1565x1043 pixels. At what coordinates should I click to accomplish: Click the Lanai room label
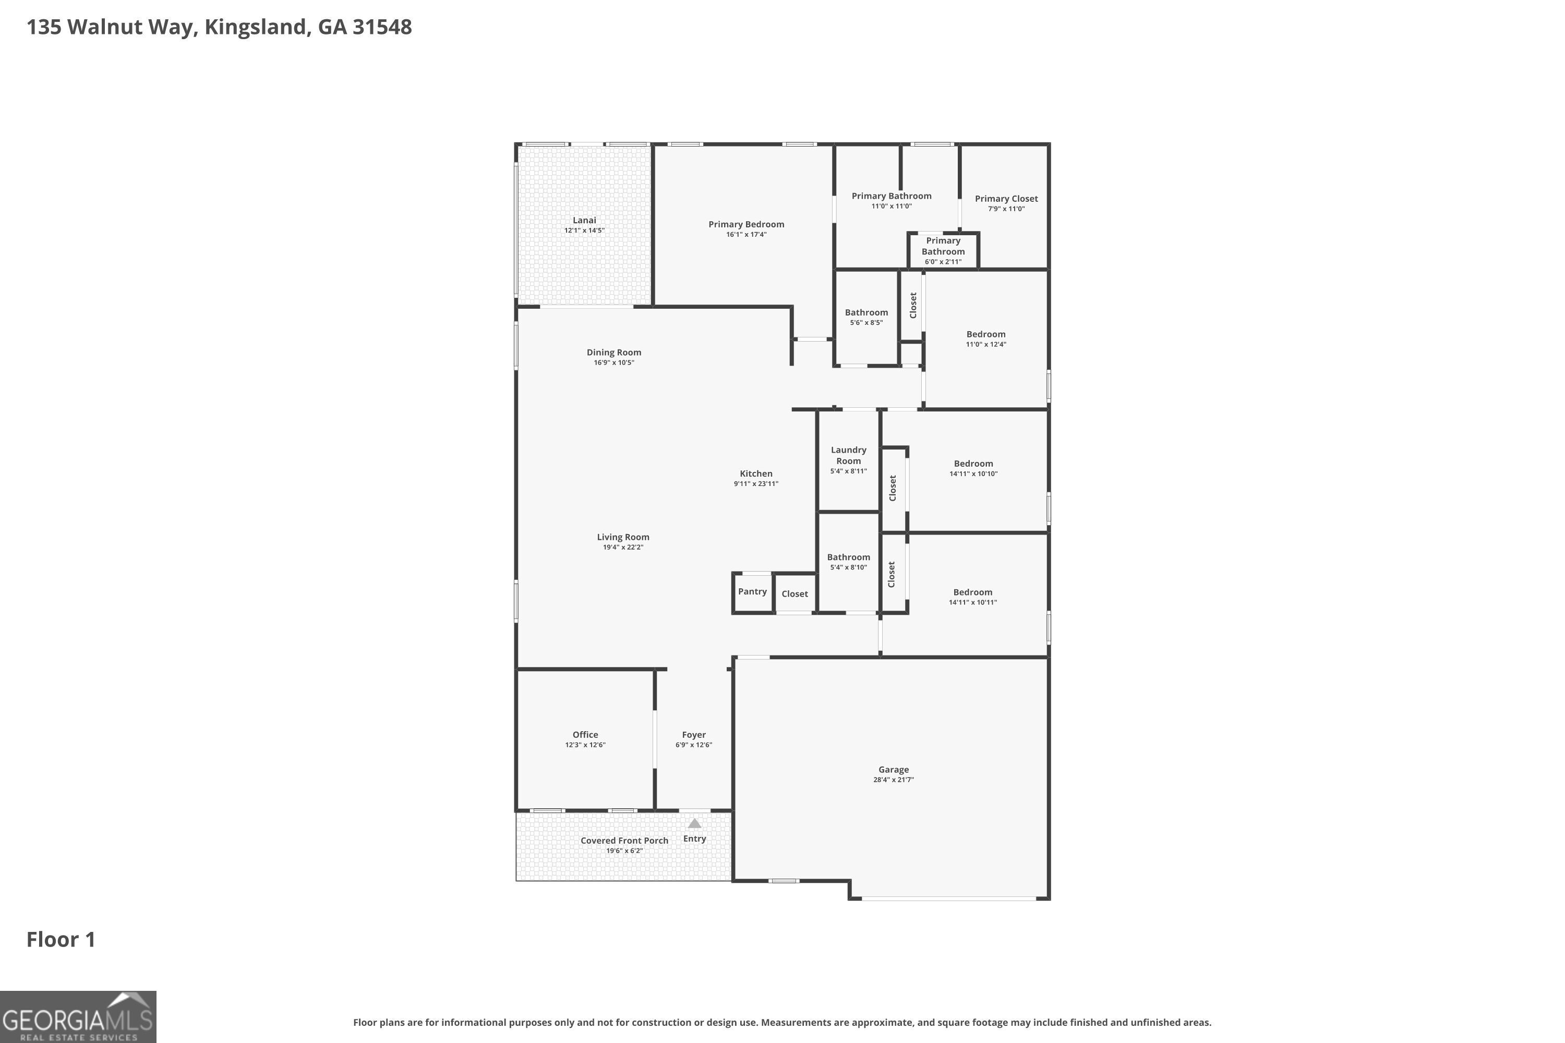coord(584,220)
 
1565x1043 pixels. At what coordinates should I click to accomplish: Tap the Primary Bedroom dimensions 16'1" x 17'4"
coord(746,235)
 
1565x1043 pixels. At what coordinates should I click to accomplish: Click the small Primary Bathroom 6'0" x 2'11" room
coord(943,251)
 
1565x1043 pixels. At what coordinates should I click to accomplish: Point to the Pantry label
coord(752,591)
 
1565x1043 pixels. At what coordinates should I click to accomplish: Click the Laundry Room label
coord(848,456)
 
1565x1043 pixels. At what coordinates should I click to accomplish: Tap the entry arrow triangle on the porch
coord(694,823)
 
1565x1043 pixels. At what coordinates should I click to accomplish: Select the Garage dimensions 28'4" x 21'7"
coord(893,780)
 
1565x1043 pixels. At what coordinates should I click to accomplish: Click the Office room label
coord(585,734)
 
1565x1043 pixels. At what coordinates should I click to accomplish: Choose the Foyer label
coord(693,734)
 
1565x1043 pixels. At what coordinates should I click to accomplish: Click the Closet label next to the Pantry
coord(794,594)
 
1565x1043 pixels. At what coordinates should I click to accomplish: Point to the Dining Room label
coord(613,353)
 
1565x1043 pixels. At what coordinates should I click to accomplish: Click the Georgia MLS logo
coord(78,1016)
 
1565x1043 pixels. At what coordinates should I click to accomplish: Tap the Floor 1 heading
coord(61,939)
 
